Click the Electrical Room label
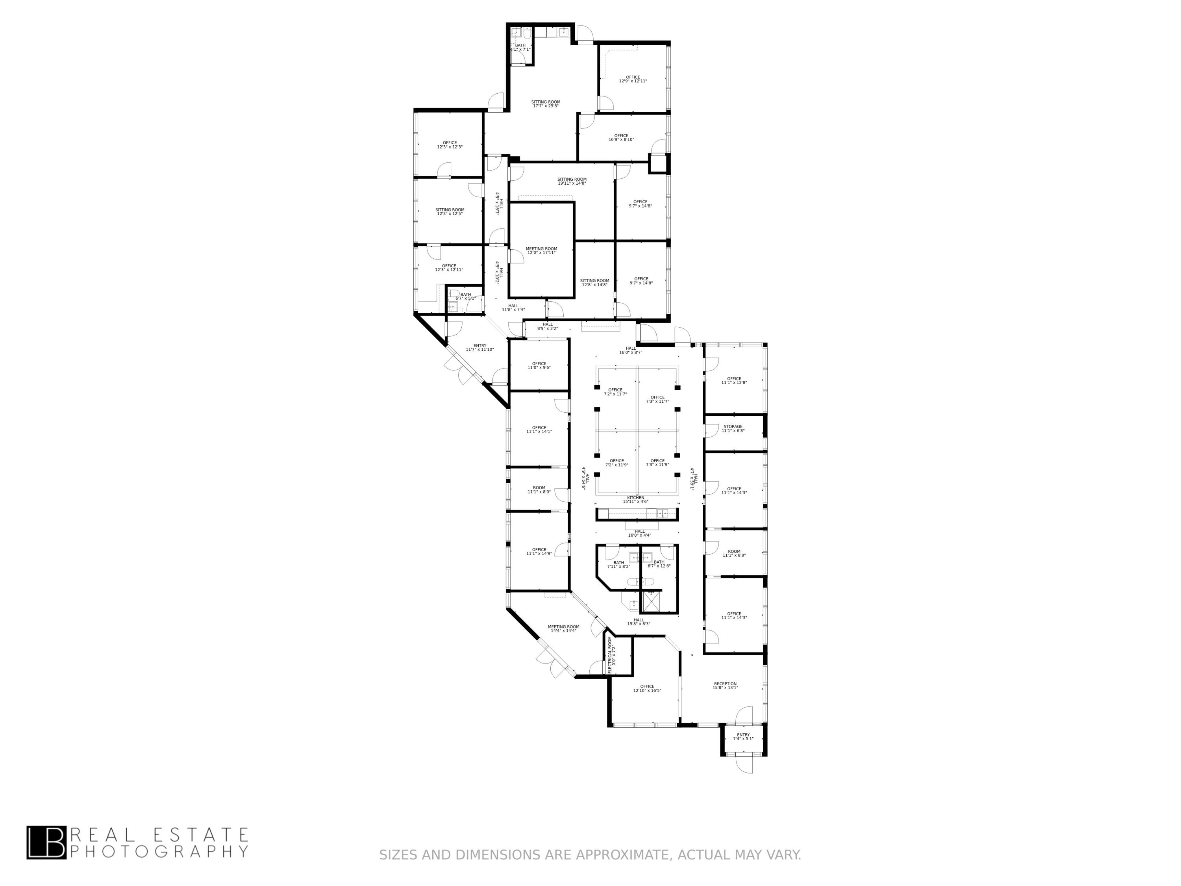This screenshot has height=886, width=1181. click(x=612, y=654)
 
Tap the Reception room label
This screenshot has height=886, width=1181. click(x=725, y=686)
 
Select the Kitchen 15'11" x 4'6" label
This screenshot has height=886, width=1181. click(x=635, y=499)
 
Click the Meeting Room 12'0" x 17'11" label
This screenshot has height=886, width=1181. click(x=541, y=250)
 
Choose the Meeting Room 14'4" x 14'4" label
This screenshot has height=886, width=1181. click(x=563, y=628)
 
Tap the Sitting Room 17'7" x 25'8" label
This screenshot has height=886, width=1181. click(x=546, y=104)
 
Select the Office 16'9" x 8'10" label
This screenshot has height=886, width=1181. click(x=621, y=137)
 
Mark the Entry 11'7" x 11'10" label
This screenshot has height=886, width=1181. click(x=479, y=347)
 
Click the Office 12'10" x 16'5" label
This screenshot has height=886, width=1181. click(x=647, y=688)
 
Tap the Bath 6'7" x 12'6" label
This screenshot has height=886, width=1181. click(x=659, y=563)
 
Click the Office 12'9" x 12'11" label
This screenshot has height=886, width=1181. click(x=633, y=79)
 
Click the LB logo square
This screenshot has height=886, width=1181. click(x=46, y=842)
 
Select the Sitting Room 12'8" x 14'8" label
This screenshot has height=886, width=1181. click(x=594, y=282)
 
